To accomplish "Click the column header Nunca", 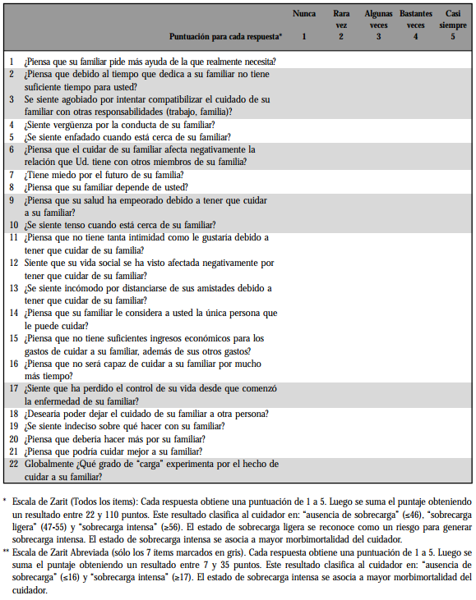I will coord(304,14).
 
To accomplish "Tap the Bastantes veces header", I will coord(415,20).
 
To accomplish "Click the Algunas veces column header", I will coord(378,20).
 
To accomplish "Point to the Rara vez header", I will coord(341,20).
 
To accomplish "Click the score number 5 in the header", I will coord(452,37).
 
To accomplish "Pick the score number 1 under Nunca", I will coord(303,37).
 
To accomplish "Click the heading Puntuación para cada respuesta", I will coord(224,37).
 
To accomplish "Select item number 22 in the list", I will coord(12,465).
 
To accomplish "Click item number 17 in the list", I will coord(12,387).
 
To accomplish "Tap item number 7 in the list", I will coord(12,175).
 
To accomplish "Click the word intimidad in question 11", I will coord(144,237).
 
